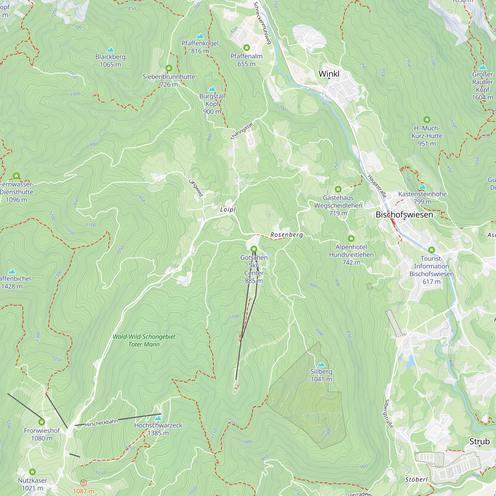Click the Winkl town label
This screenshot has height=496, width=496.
[x=329, y=74]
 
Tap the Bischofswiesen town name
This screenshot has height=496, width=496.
[x=404, y=215]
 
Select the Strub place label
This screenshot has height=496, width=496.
[x=479, y=442]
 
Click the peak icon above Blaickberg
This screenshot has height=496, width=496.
[x=110, y=50]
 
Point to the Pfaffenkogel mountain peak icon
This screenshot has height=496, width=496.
[x=200, y=36]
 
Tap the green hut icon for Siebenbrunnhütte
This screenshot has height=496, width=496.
[x=169, y=68]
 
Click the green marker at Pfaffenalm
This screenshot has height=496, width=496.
[x=247, y=48]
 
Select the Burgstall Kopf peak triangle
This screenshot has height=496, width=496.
[x=212, y=89]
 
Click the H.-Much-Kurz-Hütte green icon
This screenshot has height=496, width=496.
[x=427, y=120]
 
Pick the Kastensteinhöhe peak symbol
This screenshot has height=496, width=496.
[x=422, y=187]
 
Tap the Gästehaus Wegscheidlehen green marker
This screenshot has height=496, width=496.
[x=338, y=189]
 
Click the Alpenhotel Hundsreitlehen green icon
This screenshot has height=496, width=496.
[x=351, y=239]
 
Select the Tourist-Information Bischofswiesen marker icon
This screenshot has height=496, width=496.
[x=432, y=250]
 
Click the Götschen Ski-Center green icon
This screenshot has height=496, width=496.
[x=254, y=249]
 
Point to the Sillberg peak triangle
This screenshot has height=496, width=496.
[x=321, y=364]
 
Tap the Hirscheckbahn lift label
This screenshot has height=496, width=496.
[x=101, y=423]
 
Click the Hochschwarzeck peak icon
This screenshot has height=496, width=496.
[x=158, y=418]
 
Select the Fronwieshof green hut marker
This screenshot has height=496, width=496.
[x=42, y=422]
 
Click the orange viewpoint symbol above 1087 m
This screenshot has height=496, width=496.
[x=83, y=483]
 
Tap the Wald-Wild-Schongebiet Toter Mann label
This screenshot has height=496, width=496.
[x=144, y=341]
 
